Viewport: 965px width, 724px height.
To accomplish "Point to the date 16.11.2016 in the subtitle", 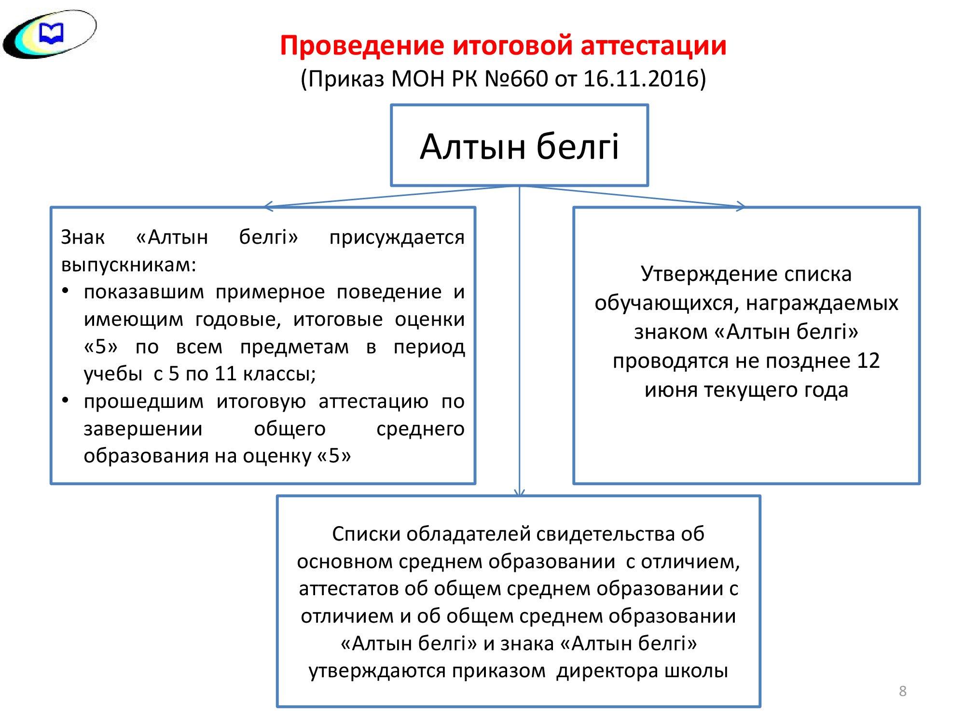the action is click(x=641, y=79).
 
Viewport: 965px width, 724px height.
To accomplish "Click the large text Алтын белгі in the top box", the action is click(x=520, y=146).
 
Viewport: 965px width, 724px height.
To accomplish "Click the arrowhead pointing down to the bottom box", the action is click(x=519, y=492).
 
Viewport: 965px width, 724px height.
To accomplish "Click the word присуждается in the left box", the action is click(x=397, y=238).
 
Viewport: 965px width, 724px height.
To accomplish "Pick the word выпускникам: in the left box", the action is click(x=129, y=265).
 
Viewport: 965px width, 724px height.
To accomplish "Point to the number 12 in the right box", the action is click(x=869, y=361).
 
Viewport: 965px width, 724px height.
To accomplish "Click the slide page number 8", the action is click(x=903, y=692).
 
